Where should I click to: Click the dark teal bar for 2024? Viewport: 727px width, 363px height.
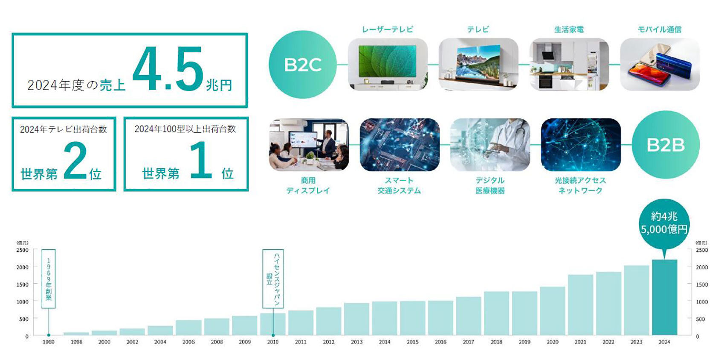(664, 297)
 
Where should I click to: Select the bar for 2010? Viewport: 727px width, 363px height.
(272, 324)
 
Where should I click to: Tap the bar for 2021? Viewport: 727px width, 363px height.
(580, 305)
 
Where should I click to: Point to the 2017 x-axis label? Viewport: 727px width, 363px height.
(468, 342)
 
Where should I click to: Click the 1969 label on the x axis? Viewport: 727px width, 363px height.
(48, 342)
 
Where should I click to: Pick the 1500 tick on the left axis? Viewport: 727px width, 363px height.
(23, 284)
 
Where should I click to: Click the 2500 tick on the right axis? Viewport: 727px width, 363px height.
(702, 250)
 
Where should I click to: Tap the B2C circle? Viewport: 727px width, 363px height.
(302, 64)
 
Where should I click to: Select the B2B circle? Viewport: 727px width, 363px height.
(666, 145)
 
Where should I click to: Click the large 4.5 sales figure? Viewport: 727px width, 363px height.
(168, 68)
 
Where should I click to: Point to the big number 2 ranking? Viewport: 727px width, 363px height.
(75, 160)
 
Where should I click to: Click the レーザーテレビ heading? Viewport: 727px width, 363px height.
(388, 29)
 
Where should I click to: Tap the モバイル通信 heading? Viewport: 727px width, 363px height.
(660, 29)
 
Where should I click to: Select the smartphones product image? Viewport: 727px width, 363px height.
(660, 64)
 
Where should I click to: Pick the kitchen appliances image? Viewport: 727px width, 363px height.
(569, 64)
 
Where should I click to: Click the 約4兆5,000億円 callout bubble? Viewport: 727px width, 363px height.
(664, 224)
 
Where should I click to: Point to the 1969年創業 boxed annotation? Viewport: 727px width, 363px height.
(48, 279)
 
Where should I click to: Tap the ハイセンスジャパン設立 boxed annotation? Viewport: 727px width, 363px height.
(272, 279)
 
